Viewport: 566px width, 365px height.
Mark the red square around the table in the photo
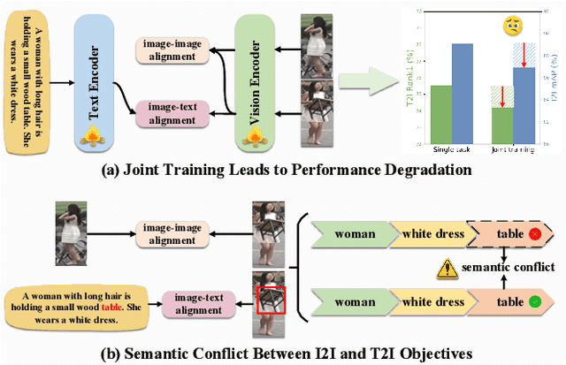point(269,300)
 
